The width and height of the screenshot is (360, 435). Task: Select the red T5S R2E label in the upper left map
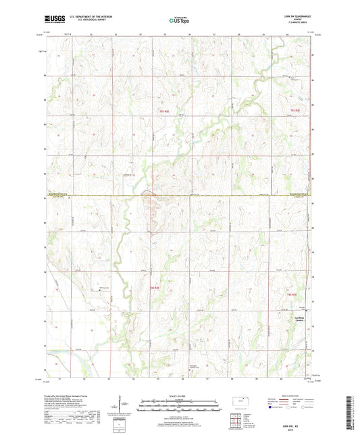point(163,111)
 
